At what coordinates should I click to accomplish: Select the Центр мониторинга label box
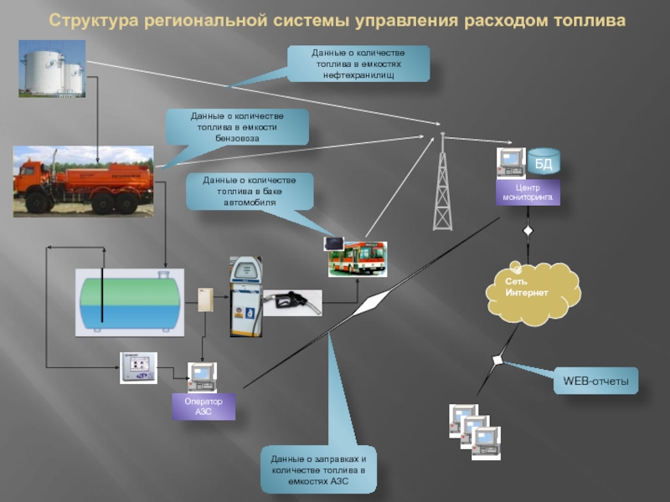coord(528,193)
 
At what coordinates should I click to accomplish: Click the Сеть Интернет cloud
coord(531,291)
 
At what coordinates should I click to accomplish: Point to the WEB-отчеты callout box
coord(595,381)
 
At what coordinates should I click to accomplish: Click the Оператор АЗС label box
coord(204,407)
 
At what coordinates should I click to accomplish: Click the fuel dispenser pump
coord(245,296)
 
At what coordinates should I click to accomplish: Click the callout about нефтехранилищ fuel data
coord(358,64)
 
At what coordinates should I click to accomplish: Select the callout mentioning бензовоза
coord(237,127)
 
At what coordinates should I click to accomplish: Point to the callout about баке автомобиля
coord(250,192)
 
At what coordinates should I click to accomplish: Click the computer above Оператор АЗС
coord(202,378)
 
